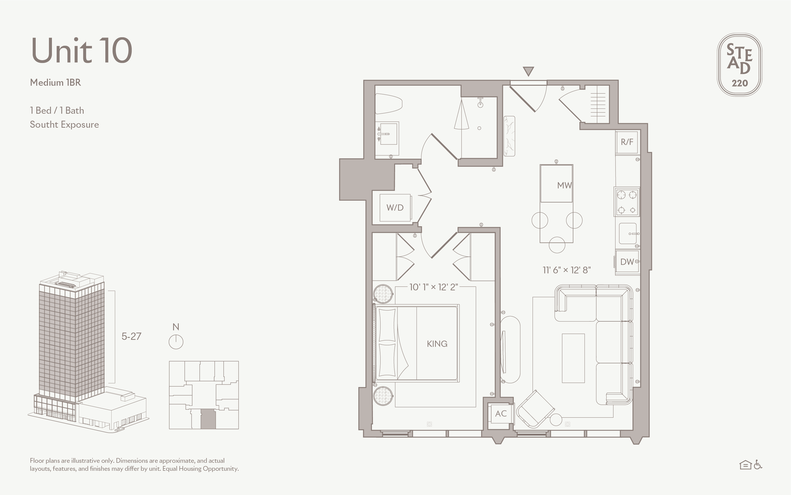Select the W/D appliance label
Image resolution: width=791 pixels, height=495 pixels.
tap(395, 208)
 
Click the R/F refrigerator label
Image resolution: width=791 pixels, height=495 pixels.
tap(627, 142)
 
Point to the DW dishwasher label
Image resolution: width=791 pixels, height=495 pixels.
tap(627, 262)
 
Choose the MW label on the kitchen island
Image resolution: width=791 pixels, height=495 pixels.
tap(564, 185)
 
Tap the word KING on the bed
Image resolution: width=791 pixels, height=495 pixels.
tap(437, 344)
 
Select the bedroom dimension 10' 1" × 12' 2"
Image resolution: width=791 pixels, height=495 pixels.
tap(434, 287)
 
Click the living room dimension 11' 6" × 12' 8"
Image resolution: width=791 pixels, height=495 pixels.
tap(567, 270)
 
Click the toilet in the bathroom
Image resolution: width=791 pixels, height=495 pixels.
tap(388, 103)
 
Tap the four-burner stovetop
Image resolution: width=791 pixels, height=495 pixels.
tap(627, 202)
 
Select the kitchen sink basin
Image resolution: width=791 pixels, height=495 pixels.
tap(628, 233)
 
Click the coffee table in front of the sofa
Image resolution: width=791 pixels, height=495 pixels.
tap(573, 358)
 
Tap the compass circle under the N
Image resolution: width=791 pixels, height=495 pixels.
tap(176, 342)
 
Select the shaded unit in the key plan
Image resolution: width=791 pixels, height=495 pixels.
tap(208, 419)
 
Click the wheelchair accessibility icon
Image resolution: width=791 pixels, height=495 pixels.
tap(758, 465)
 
